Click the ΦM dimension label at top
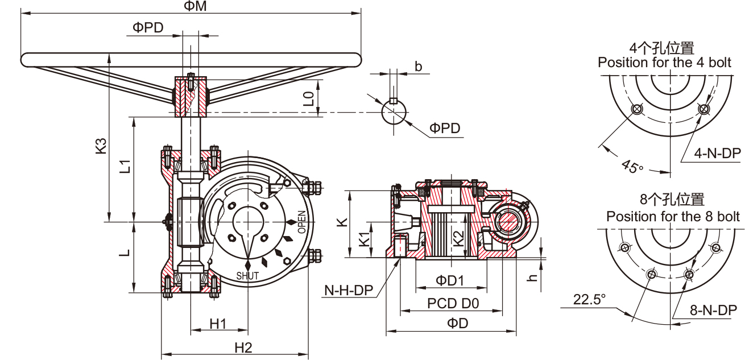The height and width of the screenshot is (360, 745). (194, 6)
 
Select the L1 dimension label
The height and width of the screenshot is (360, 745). (126, 166)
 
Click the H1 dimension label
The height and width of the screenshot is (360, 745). (218, 324)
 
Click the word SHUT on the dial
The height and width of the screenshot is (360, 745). (247, 276)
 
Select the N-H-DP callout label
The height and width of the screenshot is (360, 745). (348, 291)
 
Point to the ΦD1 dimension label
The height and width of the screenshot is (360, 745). (450, 280)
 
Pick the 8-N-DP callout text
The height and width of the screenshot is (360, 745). (713, 310)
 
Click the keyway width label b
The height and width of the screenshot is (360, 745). (418, 67)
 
